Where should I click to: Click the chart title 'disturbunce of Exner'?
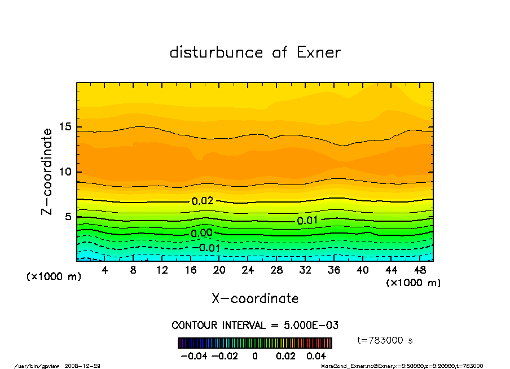255,52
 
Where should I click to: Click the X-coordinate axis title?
255,298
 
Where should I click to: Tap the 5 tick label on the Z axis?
68,217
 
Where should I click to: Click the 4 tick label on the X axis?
104,270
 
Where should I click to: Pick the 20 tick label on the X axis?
219,270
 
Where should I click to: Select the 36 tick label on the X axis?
334,270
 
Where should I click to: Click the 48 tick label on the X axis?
420,270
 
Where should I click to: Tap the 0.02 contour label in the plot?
203,201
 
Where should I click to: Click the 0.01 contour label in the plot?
307,221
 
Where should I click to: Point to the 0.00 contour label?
201,233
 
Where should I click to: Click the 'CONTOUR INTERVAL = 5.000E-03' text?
255,326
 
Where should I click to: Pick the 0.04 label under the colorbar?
316,357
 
